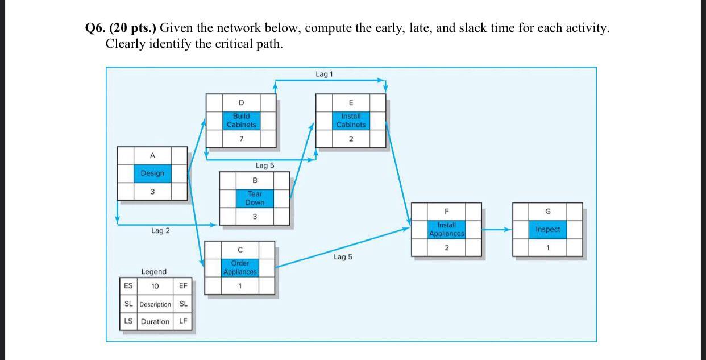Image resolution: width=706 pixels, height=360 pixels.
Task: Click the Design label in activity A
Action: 152,173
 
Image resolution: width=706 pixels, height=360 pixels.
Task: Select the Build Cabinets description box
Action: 241,120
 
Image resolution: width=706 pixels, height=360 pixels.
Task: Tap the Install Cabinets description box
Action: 351,120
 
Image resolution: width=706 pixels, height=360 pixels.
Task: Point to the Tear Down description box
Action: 255,198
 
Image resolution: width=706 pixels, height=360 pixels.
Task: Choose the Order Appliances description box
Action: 240,267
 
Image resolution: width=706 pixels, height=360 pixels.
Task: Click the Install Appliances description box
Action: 446,229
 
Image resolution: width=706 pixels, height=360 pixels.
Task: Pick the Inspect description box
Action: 547,229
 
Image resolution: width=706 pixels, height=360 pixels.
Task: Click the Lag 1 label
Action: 324,75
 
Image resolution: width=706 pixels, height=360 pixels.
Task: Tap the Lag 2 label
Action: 160,231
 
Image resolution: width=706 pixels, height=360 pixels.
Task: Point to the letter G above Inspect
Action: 547,211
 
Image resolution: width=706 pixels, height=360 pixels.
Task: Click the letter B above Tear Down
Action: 255,180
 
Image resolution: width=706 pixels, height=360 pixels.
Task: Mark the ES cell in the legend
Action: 128,286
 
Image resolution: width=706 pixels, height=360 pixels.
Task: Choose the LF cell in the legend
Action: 183,321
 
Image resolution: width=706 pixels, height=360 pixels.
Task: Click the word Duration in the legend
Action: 155,321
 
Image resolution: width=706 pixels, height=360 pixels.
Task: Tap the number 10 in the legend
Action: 155,286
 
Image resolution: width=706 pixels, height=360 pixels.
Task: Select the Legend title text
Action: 153,272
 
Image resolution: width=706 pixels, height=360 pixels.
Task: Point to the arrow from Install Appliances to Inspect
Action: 497,230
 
